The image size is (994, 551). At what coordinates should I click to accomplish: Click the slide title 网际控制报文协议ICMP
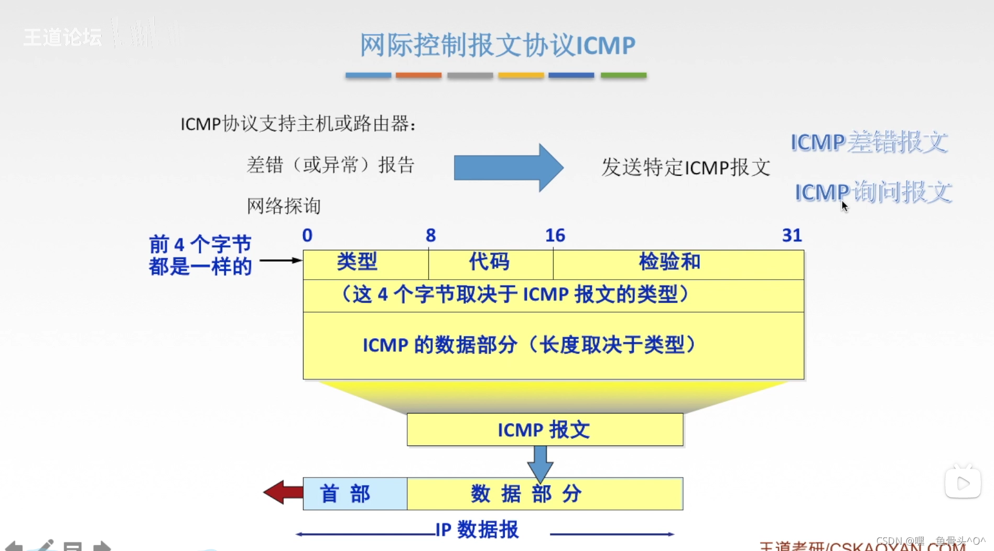click(x=497, y=45)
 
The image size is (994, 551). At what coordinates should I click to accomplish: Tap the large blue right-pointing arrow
click(x=508, y=168)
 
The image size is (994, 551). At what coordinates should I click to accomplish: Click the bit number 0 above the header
click(x=307, y=235)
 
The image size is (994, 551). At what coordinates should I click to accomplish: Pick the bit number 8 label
click(x=431, y=235)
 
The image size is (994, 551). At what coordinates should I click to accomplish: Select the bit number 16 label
click(x=555, y=235)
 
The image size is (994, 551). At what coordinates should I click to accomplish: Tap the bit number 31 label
click(x=792, y=235)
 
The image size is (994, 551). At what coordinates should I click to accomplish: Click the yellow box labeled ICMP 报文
click(x=545, y=430)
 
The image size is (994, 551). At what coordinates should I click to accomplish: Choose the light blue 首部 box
click(x=355, y=494)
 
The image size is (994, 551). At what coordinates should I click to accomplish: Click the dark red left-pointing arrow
click(x=283, y=492)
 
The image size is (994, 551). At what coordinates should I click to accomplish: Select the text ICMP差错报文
click(x=869, y=142)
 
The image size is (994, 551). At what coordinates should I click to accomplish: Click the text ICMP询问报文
click(x=873, y=192)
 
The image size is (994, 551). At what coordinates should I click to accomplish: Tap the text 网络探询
click(x=284, y=206)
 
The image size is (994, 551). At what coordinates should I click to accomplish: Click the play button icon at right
click(x=963, y=483)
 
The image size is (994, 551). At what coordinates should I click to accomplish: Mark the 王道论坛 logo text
click(x=62, y=37)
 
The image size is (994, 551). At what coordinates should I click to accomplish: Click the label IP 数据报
click(x=477, y=529)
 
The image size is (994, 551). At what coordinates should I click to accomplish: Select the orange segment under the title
click(x=418, y=76)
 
